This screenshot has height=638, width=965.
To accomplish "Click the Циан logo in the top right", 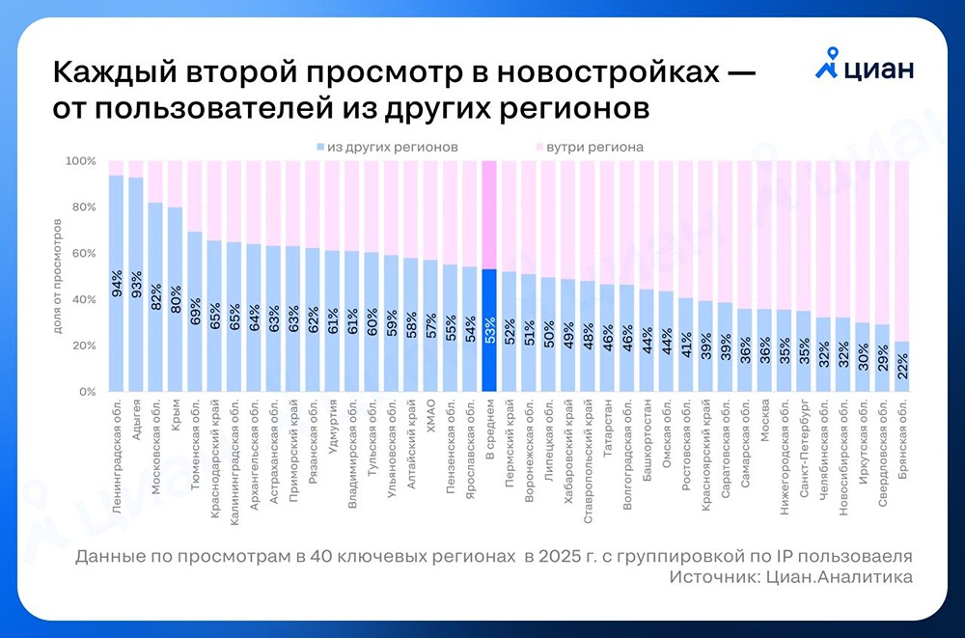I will point(865,69).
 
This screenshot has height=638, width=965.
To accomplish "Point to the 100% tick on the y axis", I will point(81,161).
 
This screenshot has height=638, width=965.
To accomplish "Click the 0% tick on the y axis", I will point(85,393).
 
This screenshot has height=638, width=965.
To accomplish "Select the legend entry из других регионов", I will point(386,148).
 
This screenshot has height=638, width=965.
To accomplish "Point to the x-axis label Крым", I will point(176,416).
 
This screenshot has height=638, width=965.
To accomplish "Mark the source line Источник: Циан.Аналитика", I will point(788,577).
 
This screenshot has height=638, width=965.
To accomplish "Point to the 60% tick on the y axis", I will point(83,254).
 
